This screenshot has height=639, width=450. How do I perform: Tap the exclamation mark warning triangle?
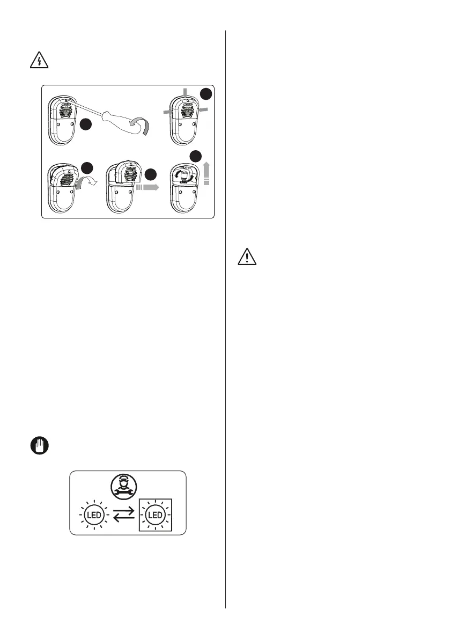click(247, 258)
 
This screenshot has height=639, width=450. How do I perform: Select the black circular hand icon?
click(36, 445)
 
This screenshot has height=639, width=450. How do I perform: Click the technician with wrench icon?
click(128, 485)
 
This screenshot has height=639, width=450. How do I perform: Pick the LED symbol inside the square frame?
click(156, 516)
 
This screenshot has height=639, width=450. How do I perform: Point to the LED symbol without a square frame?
click(94, 516)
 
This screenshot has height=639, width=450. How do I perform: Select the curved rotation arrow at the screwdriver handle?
click(144, 129)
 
